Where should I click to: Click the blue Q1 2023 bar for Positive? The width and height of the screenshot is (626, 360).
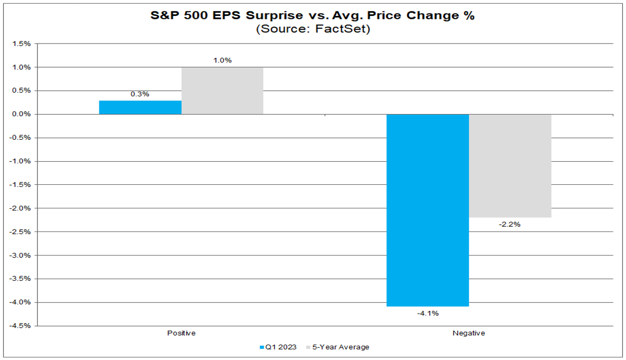pyautogui.click(x=140, y=108)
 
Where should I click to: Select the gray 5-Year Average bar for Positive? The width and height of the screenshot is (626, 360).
pyautogui.click(x=222, y=91)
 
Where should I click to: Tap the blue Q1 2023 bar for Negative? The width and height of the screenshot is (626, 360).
pyautogui.click(x=427, y=210)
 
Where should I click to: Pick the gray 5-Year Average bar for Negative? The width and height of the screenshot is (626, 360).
pyautogui.click(x=510, y=165)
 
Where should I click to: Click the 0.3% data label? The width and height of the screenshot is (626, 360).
pyautogui.click(x=140, y=94)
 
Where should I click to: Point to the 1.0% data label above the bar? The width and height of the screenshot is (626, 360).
pyautogui.click(x=222, y=60)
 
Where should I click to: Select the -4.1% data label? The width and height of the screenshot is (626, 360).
pyautogui.click(x=427, y=313)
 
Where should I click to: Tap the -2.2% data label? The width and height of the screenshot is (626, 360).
pyautogui.click(x=510, y=224)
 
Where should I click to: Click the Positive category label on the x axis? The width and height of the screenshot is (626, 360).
pyautogui.click(x=181, y=333)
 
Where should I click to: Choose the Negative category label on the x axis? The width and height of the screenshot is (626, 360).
pyautogui.click(x=468, y=333)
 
